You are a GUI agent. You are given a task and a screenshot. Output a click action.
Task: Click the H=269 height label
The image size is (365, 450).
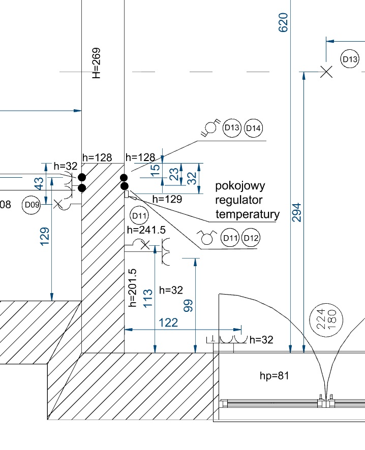point(96,62)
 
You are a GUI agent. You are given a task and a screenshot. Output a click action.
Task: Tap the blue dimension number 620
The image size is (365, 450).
point(283,22)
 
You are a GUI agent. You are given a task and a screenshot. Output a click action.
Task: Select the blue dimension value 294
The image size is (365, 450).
point(297,213)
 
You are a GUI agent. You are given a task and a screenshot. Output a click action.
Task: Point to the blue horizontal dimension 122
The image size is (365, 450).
point(168,323)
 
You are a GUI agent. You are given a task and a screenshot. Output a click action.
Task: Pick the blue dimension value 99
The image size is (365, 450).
point(189,305)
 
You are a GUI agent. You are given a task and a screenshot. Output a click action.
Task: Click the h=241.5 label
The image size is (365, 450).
point(146,230)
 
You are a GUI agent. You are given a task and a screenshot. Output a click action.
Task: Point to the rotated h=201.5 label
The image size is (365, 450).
point(133,288)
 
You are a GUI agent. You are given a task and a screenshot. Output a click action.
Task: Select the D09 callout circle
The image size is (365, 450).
point(32,205)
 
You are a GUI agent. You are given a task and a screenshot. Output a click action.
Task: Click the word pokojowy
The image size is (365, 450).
point(240,185)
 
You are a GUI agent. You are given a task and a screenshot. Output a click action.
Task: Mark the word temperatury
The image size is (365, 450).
point(248,214)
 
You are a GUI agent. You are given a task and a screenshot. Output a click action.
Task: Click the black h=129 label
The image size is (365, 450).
point(167,200)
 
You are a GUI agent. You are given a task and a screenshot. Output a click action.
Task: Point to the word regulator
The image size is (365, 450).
point(238,200)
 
